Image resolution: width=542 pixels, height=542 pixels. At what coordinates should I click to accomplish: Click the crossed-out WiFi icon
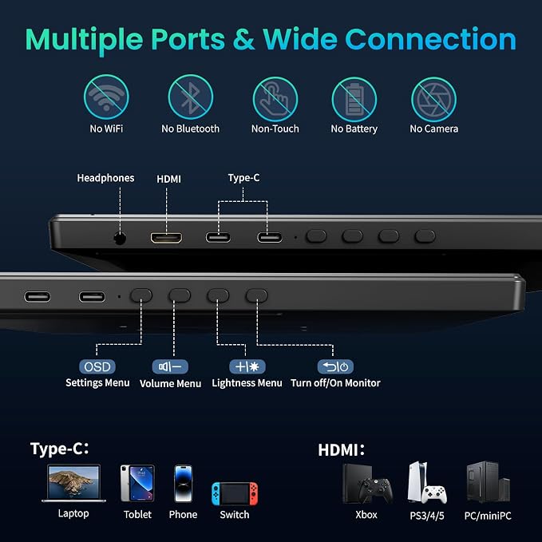pyautogui.click(x=106, y=97)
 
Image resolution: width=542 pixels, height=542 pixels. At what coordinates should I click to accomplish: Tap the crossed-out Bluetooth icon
pyautogui.click(x=191, y=97)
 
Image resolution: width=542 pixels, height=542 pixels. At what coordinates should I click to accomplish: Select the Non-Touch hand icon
pyautogui.click(x=275, y=99)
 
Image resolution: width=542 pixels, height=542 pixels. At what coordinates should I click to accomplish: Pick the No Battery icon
pyautogui.click(x=354, y=100)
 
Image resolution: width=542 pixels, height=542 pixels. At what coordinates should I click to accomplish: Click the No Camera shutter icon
pyautogui.click(x=433, y=100)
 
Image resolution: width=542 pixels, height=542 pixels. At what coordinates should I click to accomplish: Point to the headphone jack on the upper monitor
pyautogui.click(x=120, y=238)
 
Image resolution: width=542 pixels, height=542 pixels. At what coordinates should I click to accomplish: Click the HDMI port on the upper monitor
pyautogui.click(x=166, y=237)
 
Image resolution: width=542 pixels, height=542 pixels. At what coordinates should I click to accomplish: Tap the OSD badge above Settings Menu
pyautogui.click(x=97, y=366)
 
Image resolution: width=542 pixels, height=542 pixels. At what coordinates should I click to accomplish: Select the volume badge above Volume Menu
pyautogui.click(x=170, y=366)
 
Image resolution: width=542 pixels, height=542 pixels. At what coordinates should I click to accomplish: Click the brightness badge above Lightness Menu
pyautogui.click(x=247, y=366)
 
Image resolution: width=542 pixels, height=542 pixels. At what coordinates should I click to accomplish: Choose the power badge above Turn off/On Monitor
pyautogui.click(x=335, y=366)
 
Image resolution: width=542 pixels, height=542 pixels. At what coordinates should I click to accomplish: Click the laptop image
pyautogui.click(x=74, y=483)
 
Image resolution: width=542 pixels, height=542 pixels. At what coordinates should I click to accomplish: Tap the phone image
pyautogui.click(x=184, y=484)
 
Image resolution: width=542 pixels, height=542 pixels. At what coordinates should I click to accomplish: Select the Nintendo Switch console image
pyautogui.click(x=235, y=493)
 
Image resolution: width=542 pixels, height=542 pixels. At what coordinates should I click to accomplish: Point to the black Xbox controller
pyautogui.click(x=374, y=490)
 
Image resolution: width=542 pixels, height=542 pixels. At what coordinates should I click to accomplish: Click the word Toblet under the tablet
pyautogui.click(x=137, y=515)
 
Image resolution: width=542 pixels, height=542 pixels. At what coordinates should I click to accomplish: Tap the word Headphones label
pyautogui.click(x=105, y=178)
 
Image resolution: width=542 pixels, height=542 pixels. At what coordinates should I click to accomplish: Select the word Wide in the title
pyautogui.click(x=299, y=39)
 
